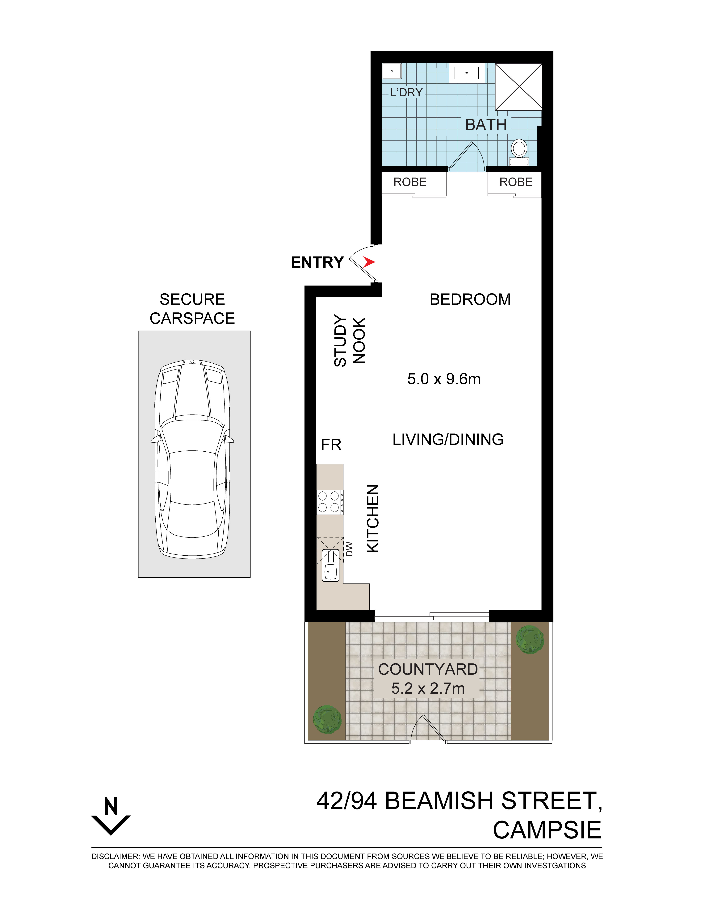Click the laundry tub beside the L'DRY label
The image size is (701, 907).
click(392, 71)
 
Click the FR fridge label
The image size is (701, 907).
click(331, 445)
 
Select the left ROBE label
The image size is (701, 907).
click(410, 182)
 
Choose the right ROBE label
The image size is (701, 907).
click(516, 182)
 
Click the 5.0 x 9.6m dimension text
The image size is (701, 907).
click(444, 379)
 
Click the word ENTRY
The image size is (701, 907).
click(317, 262)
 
